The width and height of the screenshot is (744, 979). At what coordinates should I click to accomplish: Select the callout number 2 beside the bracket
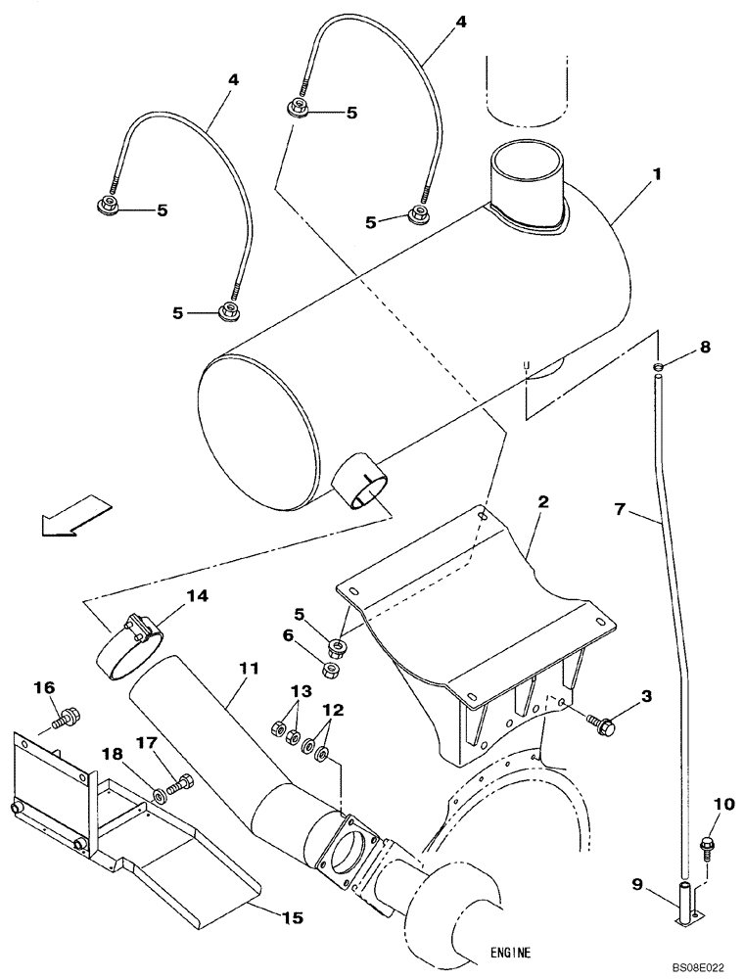click(542, 501)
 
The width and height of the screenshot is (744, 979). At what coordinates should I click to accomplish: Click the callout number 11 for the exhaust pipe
click(247, 668)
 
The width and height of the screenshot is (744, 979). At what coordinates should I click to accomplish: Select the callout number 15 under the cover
click(292, 917)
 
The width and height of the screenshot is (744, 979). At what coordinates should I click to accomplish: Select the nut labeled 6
click(330, 669)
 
